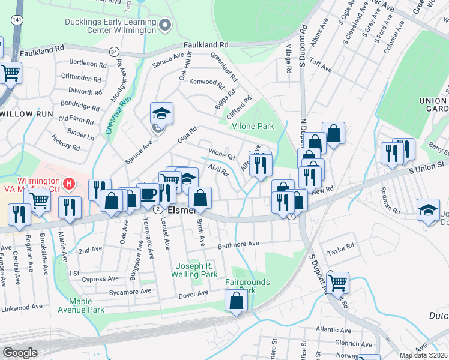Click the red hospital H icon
point(70,182)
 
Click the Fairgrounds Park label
point(247,286)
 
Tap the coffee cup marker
point(148,194)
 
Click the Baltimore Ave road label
point(238,245)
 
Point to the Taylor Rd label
point(340,247)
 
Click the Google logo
point(20,353)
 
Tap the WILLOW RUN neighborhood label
point(24,113)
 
